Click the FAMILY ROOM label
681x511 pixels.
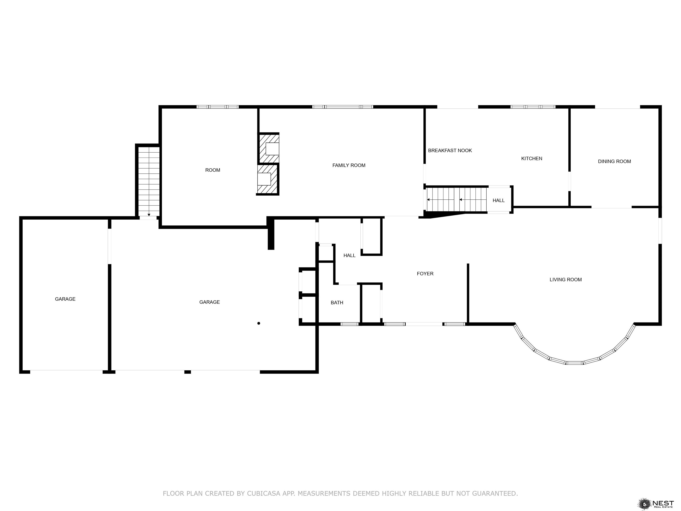349,165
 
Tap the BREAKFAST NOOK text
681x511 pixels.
450,151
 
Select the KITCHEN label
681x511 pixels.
532,159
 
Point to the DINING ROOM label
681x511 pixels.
614,161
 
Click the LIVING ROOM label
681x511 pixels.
566,280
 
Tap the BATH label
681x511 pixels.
337,303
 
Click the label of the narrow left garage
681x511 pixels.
65,299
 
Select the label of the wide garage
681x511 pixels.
210,302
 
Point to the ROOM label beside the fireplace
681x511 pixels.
213,170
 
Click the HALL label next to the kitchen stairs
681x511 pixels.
498,200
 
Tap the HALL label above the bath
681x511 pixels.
349,255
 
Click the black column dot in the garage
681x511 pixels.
259,323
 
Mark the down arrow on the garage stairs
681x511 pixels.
149,215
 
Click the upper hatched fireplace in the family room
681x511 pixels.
269,148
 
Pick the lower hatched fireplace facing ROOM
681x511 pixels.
267,179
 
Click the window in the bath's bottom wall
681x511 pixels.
349,324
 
